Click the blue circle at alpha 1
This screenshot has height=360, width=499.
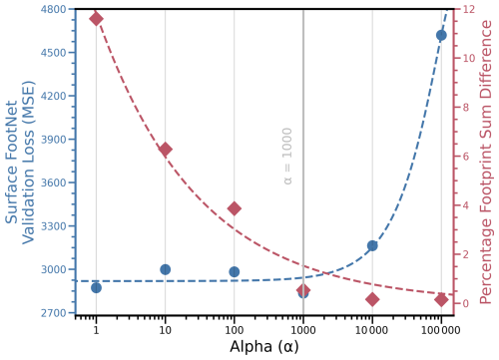(x=96, y=287)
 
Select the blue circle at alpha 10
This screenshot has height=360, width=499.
(x=165, y=269)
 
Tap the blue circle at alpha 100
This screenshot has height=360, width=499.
(x=234, y=271)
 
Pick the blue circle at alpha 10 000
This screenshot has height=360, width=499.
(x=372, y=245)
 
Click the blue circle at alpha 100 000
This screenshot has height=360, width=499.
(x=441, y=35)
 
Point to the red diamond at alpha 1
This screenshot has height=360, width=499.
(x=96, y=19)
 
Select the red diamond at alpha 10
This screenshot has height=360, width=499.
(x=165, y=150)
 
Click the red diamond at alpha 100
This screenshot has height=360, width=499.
(x=234, y=208)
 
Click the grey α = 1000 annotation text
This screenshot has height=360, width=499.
(x=288, y=156)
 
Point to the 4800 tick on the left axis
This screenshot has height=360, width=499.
(x=52, y=10)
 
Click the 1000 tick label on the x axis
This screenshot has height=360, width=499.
(x=303, y=327)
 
